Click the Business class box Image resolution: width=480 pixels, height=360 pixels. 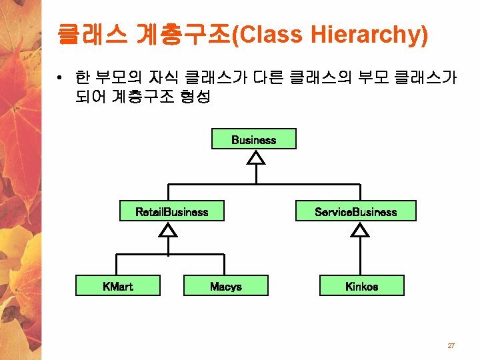pos(253,139)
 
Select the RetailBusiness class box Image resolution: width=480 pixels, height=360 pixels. pos(172,211)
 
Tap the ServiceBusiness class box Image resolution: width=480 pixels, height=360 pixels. pos(356,211)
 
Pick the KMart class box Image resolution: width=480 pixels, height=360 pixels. pos(118,286)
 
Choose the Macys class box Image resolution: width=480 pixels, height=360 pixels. pos(226,286)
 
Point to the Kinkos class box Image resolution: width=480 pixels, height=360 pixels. pos(361,286)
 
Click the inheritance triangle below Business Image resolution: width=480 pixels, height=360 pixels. pos(255,157)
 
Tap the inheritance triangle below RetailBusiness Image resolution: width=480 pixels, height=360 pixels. pos(169,229)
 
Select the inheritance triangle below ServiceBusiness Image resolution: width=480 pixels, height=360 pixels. pos(361,229)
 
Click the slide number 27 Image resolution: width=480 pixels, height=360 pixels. pos(451,345)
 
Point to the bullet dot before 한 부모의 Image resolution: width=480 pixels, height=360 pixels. pos(60,79)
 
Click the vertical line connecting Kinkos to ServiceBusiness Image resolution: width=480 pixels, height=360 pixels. pos(361,257)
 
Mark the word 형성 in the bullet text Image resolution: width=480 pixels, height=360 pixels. pos(195,97)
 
